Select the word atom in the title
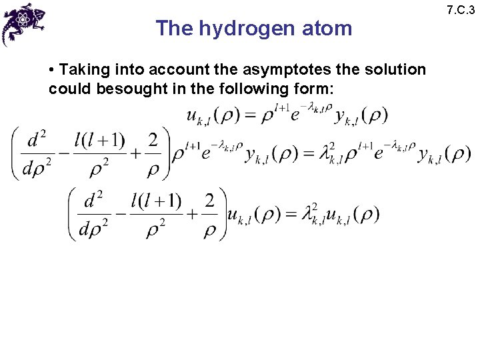(x=327, y=29)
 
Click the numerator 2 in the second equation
(x=153, y=140)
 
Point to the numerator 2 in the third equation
(x=210, y=200)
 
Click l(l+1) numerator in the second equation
(x=99, y=140)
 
